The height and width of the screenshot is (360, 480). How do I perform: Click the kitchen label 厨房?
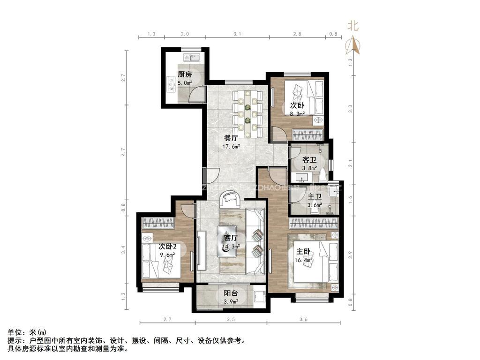tap(185, 74)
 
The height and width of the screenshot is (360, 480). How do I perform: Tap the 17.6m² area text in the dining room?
tap(231, 146)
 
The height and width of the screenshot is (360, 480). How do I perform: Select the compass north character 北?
tap(353, 26)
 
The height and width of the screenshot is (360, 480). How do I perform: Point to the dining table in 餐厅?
tap(247, 114)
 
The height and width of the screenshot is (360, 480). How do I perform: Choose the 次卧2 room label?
tap(167, 247)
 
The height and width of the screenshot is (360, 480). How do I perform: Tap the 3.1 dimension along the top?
tap(237, 34)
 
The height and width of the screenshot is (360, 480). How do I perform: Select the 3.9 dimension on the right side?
tap(350, 255)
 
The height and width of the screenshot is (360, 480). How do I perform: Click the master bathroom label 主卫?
tap(314, 197)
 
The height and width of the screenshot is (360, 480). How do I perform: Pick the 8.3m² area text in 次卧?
tap(297, 113)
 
